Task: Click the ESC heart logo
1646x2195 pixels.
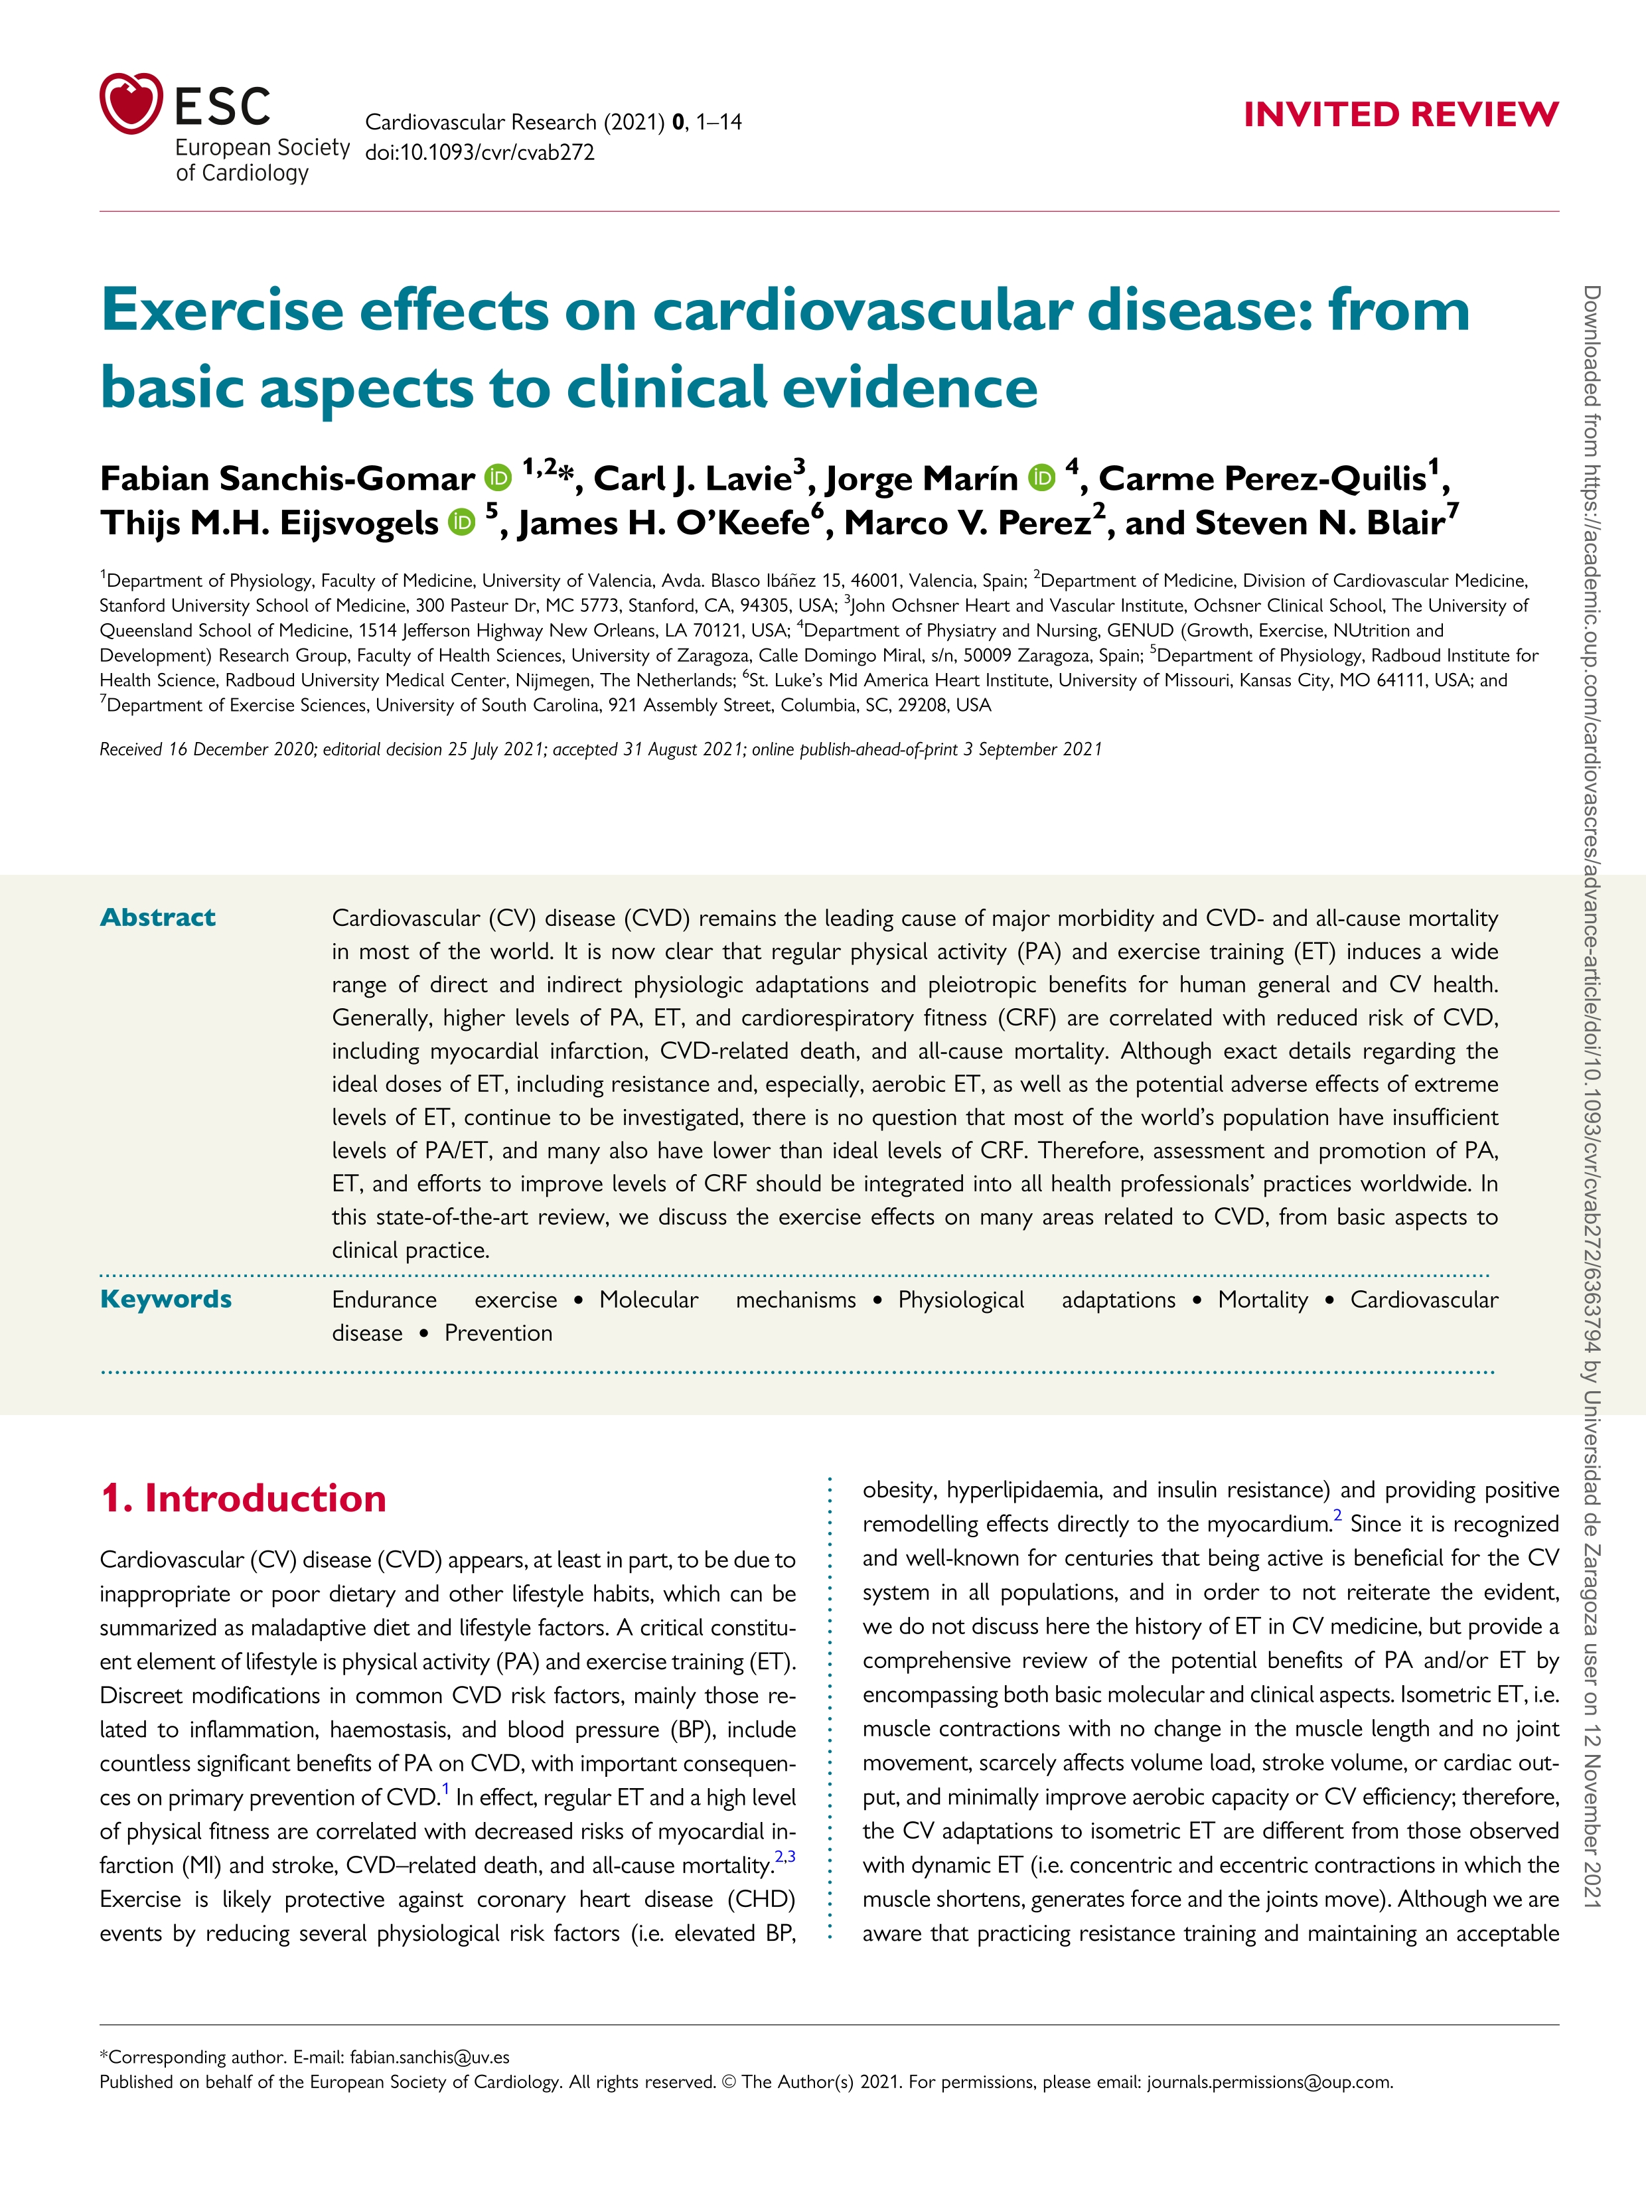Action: click(130, 103)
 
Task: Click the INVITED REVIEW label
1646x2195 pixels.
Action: click(1400, 115)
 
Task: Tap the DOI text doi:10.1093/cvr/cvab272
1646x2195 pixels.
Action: click(479, 153)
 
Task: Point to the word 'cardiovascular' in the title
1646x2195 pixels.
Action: click(861, 311)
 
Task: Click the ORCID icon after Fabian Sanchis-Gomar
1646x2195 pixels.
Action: click(498, 479)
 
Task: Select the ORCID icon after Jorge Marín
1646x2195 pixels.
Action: click(1042, 479)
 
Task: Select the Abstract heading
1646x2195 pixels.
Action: click(158, 917)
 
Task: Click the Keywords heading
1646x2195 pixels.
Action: click(166, 1299)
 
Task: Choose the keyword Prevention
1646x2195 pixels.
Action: click(498, 1333)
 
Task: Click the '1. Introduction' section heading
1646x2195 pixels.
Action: click(243, 1498)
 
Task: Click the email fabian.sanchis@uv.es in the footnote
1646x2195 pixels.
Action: click(429, 2057)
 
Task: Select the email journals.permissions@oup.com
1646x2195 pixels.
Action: click(1269, 2082)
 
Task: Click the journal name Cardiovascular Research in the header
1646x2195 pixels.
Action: click(481, 122)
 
